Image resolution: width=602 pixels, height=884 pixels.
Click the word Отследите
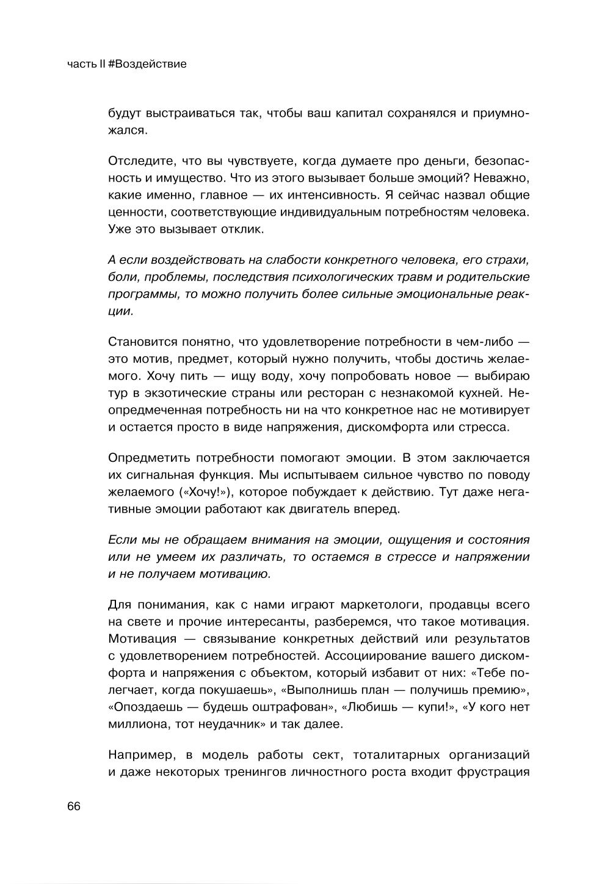[x=138, y=161]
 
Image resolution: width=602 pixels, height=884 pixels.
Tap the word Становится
[x=142, y=342]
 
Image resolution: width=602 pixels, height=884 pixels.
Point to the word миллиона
[x=136, y=725]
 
